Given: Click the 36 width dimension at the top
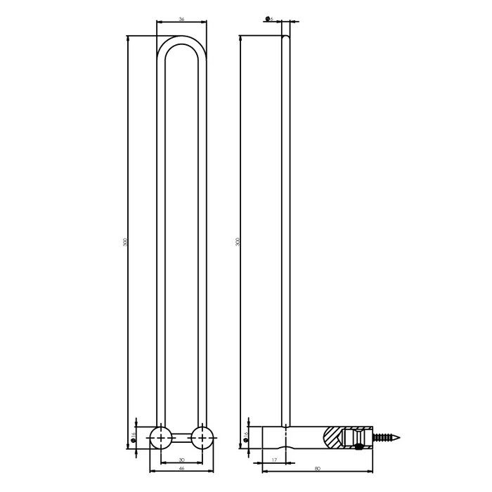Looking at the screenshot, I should (182, 20).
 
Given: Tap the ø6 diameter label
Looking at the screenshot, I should (271, 19).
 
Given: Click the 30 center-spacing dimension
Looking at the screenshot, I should (182, 461).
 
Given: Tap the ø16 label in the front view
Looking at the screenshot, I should (134, 436).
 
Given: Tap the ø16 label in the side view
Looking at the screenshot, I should (245, 436).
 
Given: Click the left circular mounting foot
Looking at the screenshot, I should (162, 437).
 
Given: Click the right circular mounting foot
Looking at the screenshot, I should (203, 437).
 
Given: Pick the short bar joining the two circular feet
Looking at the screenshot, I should (183, 437).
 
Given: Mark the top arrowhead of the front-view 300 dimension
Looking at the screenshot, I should (128, 37).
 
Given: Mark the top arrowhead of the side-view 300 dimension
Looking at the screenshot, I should (240, 37).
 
